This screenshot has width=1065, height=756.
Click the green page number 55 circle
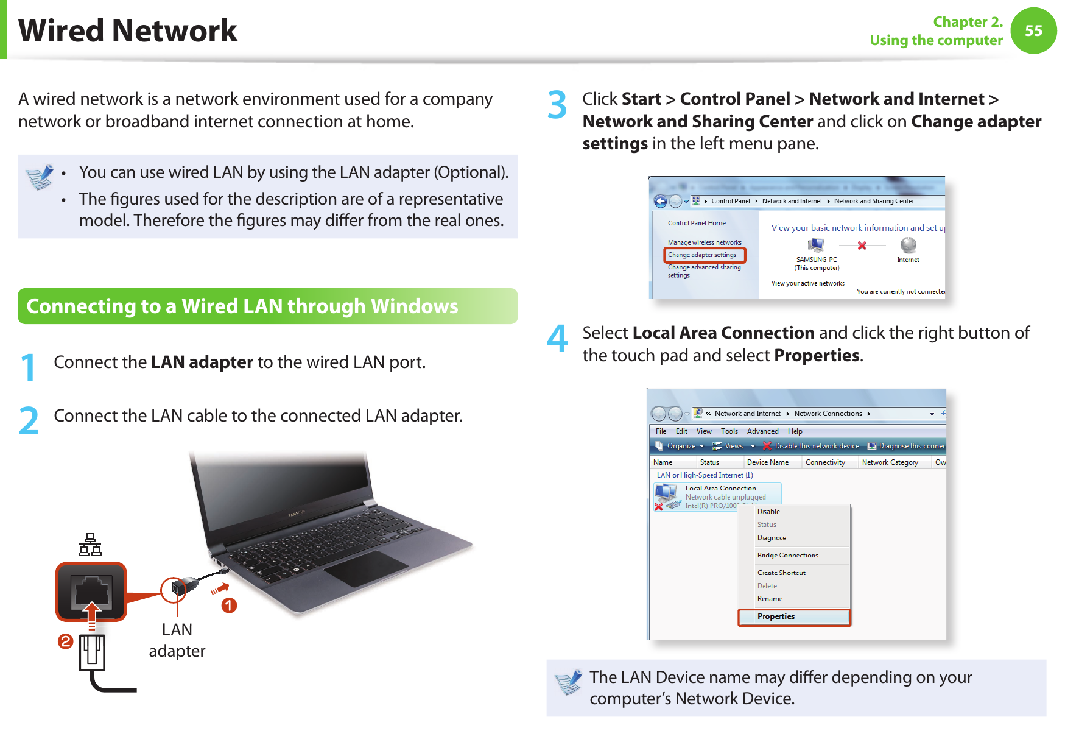(x=1033, y=30)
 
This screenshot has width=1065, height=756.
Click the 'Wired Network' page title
(x=128, y=30)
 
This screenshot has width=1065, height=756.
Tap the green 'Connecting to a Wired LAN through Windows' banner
(x=267, y=306)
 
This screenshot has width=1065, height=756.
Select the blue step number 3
(x=557, y=105)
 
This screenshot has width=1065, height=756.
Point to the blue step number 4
(x=557, y=339)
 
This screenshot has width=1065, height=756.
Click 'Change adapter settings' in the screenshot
(x=702, y=255)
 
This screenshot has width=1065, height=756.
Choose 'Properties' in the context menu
(x=776, y=616)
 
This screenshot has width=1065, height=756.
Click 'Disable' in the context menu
(x=768, y=512)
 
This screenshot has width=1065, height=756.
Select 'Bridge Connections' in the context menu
(x=787, y=556)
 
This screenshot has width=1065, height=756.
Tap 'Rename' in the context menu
(x=770, y=599)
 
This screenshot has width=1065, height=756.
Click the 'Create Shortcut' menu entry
(x=781, y=573)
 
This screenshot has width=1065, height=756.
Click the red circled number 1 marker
(x=229, y=606)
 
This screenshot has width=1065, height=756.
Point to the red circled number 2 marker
(x=65, y=641)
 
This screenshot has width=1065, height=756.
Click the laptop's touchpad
(x=365, y=568)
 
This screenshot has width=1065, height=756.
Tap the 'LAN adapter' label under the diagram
(x=177, y=640)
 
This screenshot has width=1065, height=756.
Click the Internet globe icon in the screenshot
(x=908, y=245)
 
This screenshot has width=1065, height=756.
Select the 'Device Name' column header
(x=767, y=462)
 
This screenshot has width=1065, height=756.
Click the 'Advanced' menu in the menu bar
(x=762, y=431)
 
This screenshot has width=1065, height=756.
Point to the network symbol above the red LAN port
(x=90, y=545)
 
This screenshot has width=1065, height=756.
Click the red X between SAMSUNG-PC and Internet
(x=862, y=246)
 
